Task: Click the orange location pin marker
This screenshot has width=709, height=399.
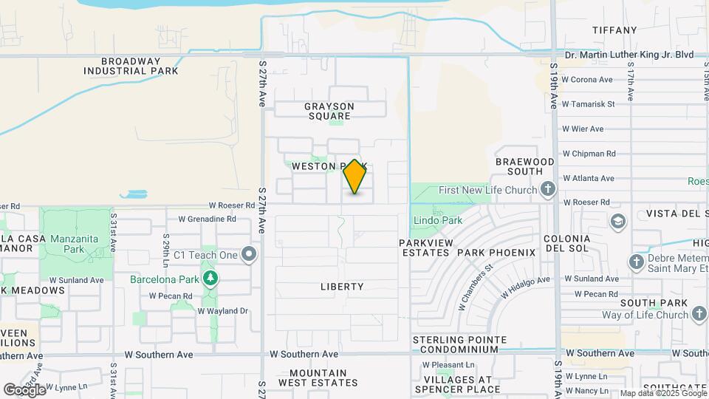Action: tap(355, 177)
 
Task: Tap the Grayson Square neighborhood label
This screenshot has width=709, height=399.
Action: tap(329, 111)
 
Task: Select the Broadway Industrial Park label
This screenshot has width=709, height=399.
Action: tap(131, 66)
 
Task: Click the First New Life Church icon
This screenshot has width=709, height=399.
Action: tap(547, 190)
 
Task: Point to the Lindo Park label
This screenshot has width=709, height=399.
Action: tap(437, 220)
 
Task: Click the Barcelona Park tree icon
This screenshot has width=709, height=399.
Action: tap(212, 278)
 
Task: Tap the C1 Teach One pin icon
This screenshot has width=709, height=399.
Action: tap(250, 255)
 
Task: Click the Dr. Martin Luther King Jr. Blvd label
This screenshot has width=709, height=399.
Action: tap(628, 55)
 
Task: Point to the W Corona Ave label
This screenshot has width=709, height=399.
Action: tap(587, 80)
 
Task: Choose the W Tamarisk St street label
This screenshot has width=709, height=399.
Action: tap(588, 104)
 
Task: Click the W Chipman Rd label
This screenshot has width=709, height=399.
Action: tap(589, 154)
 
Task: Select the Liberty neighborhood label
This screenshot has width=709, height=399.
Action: tap(342, 286)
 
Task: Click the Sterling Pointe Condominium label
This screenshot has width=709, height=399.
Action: tap(459, 344)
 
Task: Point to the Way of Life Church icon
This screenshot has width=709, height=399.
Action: tap(698, 315)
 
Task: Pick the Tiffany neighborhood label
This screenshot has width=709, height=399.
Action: tap(614, 30)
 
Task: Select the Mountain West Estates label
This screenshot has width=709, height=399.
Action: tap(318, 378)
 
